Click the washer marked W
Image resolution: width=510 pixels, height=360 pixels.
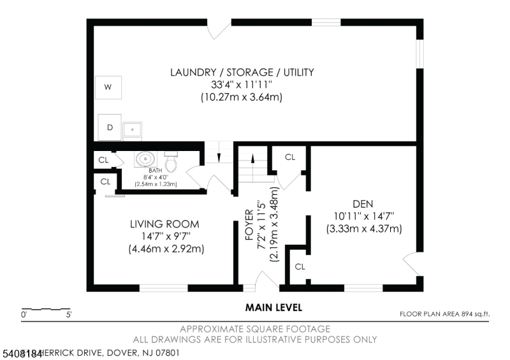pos(108,87)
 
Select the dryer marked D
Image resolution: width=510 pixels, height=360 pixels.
pos(110,127)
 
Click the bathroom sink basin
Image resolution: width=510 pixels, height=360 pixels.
pos(145,159)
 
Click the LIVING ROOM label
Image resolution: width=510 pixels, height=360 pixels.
pos(164,224)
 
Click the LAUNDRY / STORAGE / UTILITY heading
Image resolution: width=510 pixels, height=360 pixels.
pos(242,72)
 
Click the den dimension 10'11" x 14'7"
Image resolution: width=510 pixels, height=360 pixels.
pos(363,215)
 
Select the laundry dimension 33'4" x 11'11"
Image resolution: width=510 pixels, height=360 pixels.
pos(242,85)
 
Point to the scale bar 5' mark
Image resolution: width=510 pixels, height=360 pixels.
pos(68,314)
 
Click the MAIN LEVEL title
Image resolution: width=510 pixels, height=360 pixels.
pos(273,308)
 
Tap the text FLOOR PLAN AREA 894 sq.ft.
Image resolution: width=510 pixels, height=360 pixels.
pos(444,313)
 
